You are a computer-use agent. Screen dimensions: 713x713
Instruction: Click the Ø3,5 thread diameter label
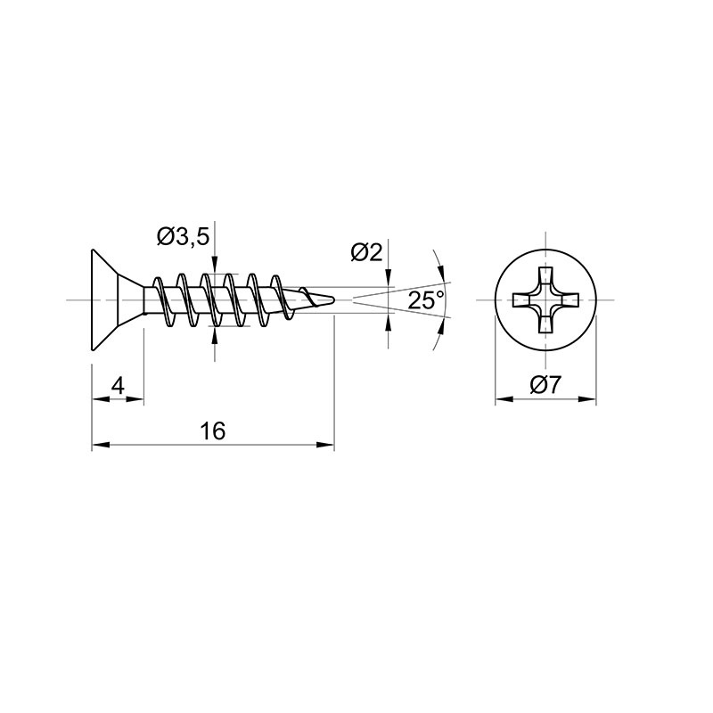tap(184, 237)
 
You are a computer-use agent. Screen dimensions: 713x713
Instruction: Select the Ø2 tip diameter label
tap(366, 252)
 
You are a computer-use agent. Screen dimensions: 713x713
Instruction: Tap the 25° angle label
tap(426, 300)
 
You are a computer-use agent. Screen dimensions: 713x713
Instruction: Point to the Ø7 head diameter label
tap(545, 386)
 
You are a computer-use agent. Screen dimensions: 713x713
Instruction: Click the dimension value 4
tap(118, 387)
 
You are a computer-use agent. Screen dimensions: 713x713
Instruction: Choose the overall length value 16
tap(213, 430)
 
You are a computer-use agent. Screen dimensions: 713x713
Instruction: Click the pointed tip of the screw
tap(335, 299)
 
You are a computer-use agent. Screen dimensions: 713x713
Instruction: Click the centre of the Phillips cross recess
tap(545, 300)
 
